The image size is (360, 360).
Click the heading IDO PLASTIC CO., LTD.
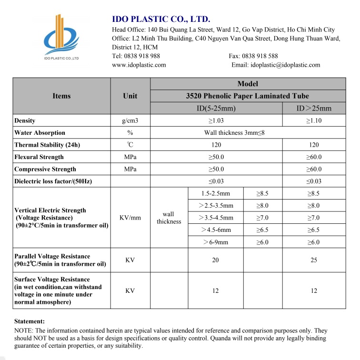coord(161,19)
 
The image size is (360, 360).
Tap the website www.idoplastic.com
coord(139,65)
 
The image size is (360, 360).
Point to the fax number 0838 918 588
coord(260,56)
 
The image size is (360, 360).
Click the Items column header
coord(61,96)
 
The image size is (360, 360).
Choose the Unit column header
coord(130,96)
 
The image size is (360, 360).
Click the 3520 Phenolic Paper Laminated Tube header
coord(248,96)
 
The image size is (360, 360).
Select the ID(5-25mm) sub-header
coord(216,108)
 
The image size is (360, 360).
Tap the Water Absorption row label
coord(40,133)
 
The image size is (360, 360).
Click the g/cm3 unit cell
coord(130,121)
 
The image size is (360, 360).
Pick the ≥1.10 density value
coord(314,121)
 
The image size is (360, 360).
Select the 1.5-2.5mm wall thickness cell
coord(216,193)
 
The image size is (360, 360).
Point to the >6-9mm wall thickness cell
coord(216,242)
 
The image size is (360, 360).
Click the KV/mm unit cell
coord(130,218)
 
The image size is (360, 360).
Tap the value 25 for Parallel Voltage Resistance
coord(314,260)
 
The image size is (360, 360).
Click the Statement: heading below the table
coord(30,321)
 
